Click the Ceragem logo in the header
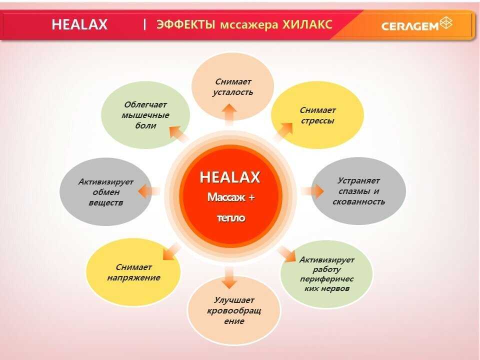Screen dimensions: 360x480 click(416, 24)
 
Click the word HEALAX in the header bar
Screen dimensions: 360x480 click(79, 25)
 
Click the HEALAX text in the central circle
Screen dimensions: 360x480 click(230, 177)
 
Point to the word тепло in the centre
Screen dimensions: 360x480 click(231, 218)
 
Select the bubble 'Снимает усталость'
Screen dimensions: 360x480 click(233, 86)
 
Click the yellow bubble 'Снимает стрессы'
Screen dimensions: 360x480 click(317, 115)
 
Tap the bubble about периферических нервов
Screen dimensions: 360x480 click(326, 274)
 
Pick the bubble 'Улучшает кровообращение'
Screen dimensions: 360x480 click(234, 310)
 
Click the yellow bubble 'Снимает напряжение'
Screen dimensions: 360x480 click(133, 272)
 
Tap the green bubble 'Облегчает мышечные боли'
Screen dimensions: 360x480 click(145, 115)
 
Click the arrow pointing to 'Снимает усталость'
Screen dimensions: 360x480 click(229, 114)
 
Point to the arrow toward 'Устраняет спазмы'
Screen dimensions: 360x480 click(312, 190)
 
